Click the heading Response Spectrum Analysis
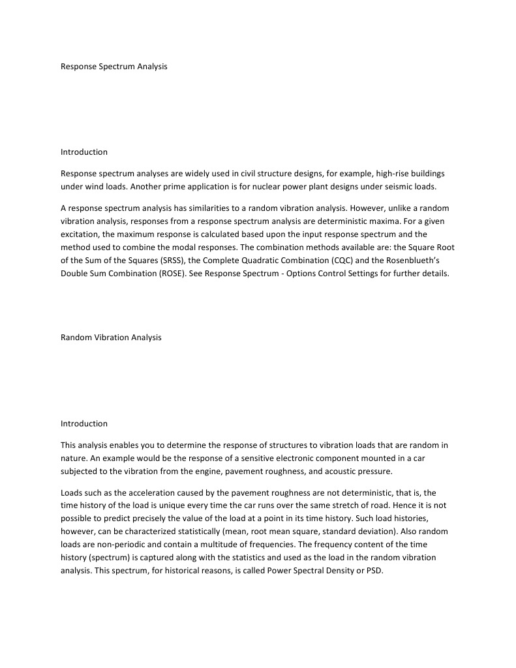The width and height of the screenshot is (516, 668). pyautogui.click(x=114, y=67)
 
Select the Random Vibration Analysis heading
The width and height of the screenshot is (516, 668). pyautogui.click(x=111, y=338)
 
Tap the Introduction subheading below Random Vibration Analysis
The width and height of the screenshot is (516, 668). pyautogui.click(x=84, y=424)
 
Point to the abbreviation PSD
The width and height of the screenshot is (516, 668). pyautogui.click(x=374, y=569)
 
